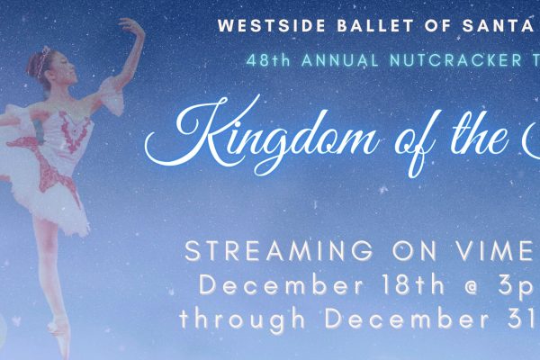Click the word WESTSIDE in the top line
coord(272,26)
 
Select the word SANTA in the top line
coord(498,26)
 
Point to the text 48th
coord(268,60)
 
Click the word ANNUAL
coord(340,60)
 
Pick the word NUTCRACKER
coord(456,60)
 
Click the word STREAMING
coord(279,251)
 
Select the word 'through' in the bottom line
coord(243,320)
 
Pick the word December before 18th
coord(282,285)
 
